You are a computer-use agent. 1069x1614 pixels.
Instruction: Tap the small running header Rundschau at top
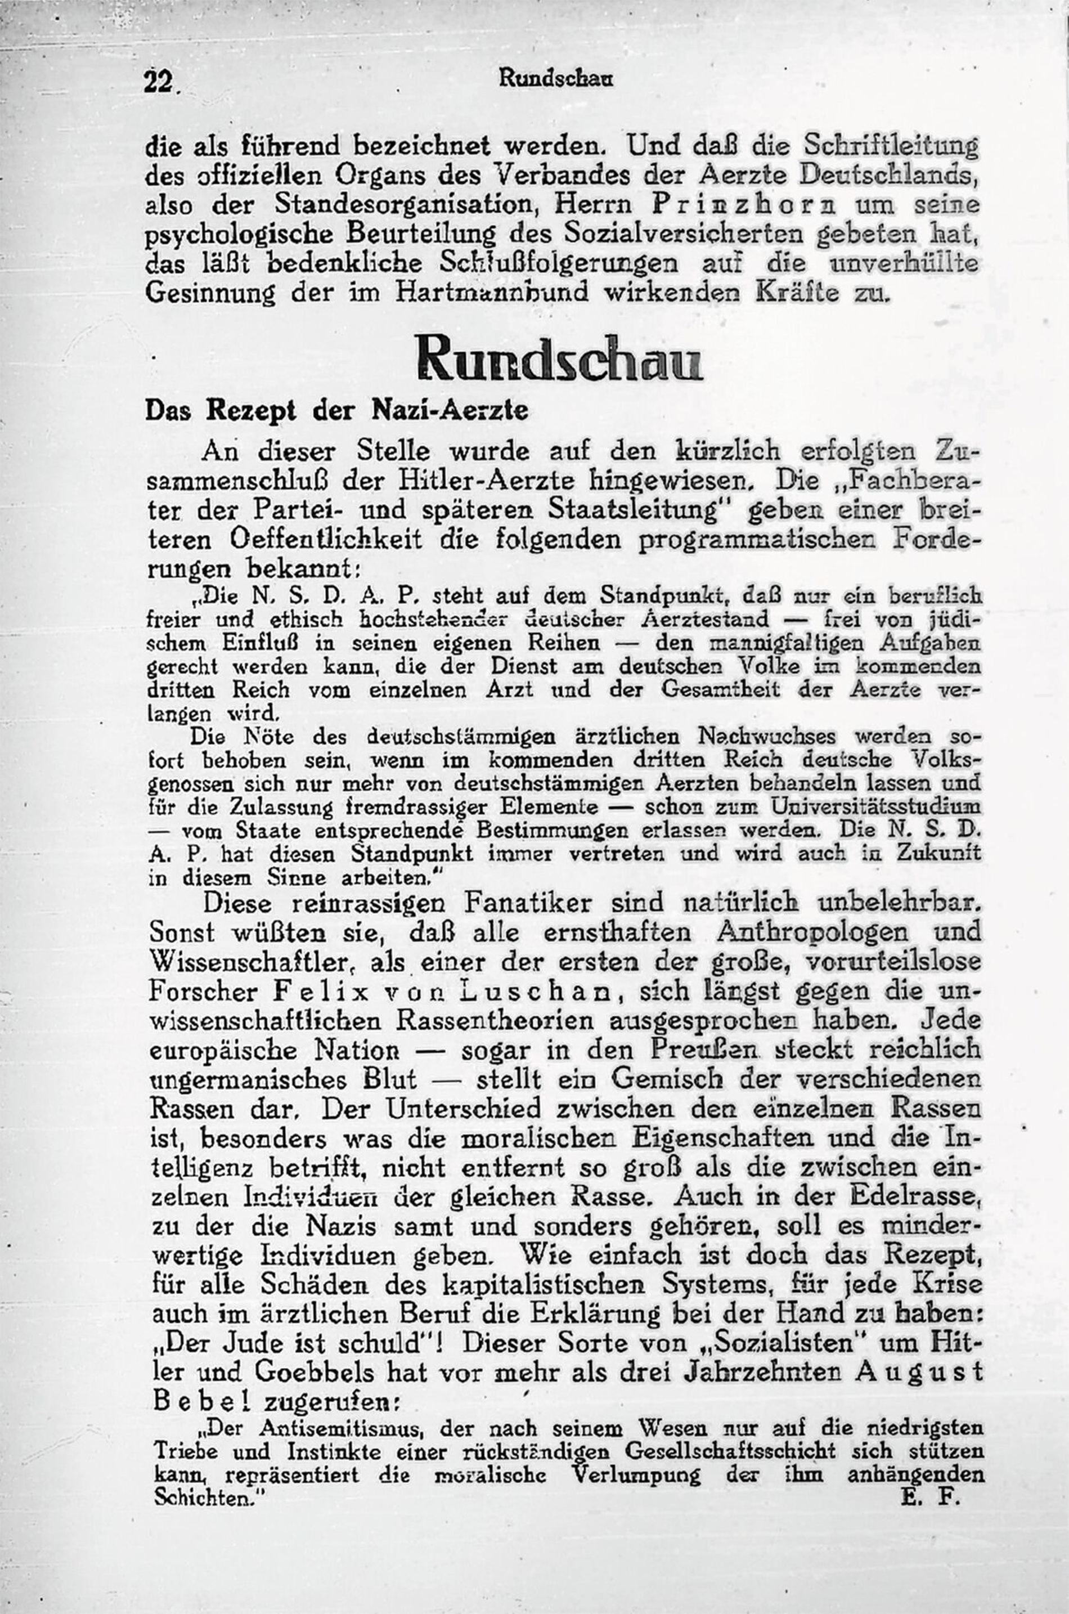point(556,78)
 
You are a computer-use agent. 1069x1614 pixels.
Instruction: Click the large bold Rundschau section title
point(559,360)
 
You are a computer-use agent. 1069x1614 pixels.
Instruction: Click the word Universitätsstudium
point(875,806)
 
